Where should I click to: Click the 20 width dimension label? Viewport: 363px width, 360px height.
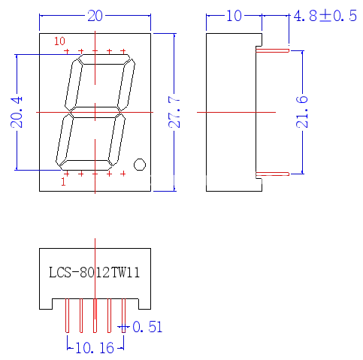pyautogui.click(x=95, y=15)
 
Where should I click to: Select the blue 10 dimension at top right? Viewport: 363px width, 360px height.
pyautogui.click(x=234, y=15)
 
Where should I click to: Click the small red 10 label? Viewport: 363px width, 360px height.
pyautogui.click(x=60, y=42)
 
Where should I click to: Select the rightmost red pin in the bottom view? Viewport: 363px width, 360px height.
pyautogui.click(x=123, y=317)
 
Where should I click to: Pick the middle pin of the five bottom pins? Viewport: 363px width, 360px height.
pyautogui.click(x=94, y=317)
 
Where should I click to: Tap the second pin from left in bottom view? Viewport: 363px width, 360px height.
pyautogui.click(x=80, y=317)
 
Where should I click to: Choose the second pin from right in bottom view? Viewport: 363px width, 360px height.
pyautogui.click(x=109, y=317)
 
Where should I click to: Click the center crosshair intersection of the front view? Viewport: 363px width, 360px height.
pyautogui.click(x=94, y=111)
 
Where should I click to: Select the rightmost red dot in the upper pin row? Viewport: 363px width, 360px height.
pyautogui.click(x=123, y=51)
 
